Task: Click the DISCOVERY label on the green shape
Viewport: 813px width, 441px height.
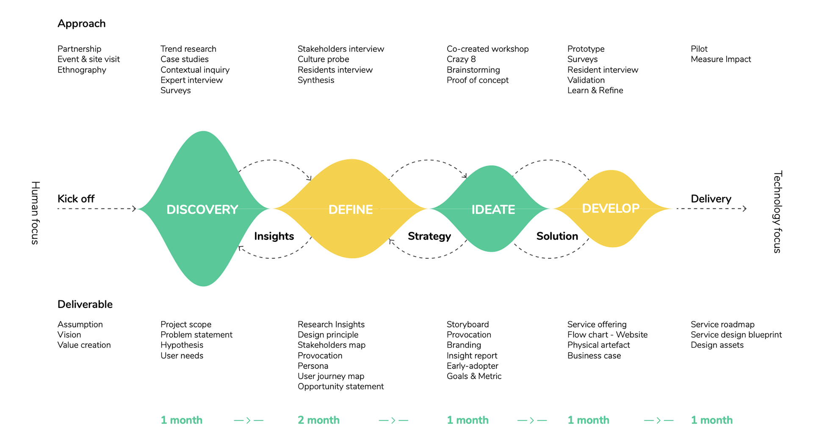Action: [x=202, y=209]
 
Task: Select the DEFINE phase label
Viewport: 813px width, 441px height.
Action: [x=351, y=209]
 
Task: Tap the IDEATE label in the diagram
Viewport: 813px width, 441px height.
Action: [x=493, y=209]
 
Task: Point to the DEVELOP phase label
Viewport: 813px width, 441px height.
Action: [x=611, y=208]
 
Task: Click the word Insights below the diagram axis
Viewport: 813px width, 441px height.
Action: [x=274, y=236]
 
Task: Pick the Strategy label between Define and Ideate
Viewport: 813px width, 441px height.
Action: [x=429, y=236]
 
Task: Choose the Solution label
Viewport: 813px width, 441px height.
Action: [x=557, y=236]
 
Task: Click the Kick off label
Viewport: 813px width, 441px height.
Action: [x=76, y=199]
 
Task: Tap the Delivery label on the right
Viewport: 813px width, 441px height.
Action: [x=711, y=199]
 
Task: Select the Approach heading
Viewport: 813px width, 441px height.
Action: [x=81, y=24]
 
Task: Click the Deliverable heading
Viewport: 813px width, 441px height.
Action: [x=85, y=304]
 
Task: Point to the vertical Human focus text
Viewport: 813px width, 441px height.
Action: [x=35, y=213]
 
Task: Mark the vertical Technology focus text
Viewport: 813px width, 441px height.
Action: [x=777, y=212]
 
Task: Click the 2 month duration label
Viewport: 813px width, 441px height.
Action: [x=318, y=420]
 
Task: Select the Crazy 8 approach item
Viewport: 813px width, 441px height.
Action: [x=461, y=59]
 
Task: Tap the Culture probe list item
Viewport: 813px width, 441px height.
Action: [x=324, y=59]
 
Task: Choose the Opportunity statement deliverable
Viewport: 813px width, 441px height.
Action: [x=341, y=386]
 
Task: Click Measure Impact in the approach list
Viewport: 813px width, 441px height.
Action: [x=721, y=59]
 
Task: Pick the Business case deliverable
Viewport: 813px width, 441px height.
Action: [x=594, y=355]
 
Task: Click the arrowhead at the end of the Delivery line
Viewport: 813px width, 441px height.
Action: [x=745, y=208]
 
